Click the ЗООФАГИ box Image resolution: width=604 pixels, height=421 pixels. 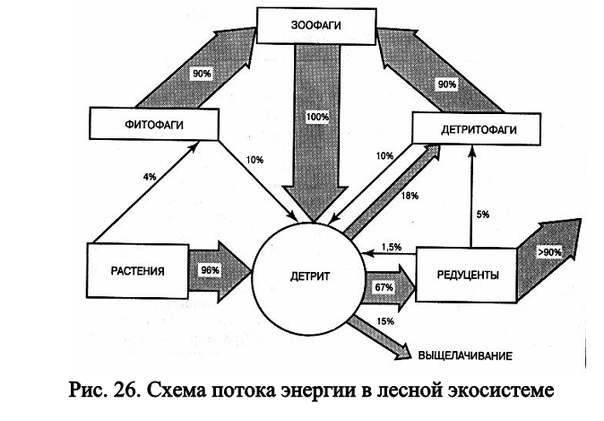pyautogui.click(x=314, y=25)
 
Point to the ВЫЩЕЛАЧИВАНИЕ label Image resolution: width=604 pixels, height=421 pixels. pyautogui.click(x=464, y=356)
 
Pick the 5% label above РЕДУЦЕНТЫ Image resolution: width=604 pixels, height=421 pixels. pyautogui.click(x=483, y=214)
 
